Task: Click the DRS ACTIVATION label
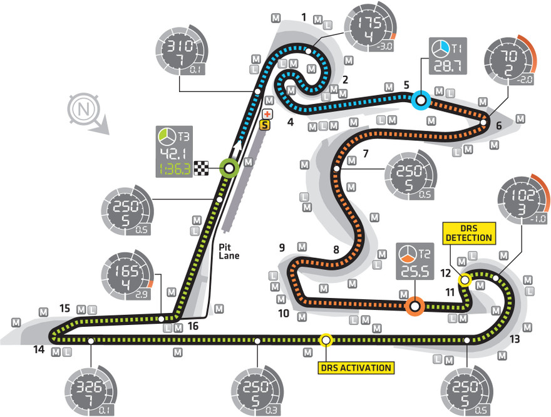click(356, 368)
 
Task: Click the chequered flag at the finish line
click(201, 168)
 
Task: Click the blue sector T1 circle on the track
click(420, 99)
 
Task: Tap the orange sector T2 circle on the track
click(414, 306)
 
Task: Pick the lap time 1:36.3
click(175, 168)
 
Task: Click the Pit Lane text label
click(230, 250)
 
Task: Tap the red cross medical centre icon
click(267, 114)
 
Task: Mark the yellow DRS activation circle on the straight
click(326, 340)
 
